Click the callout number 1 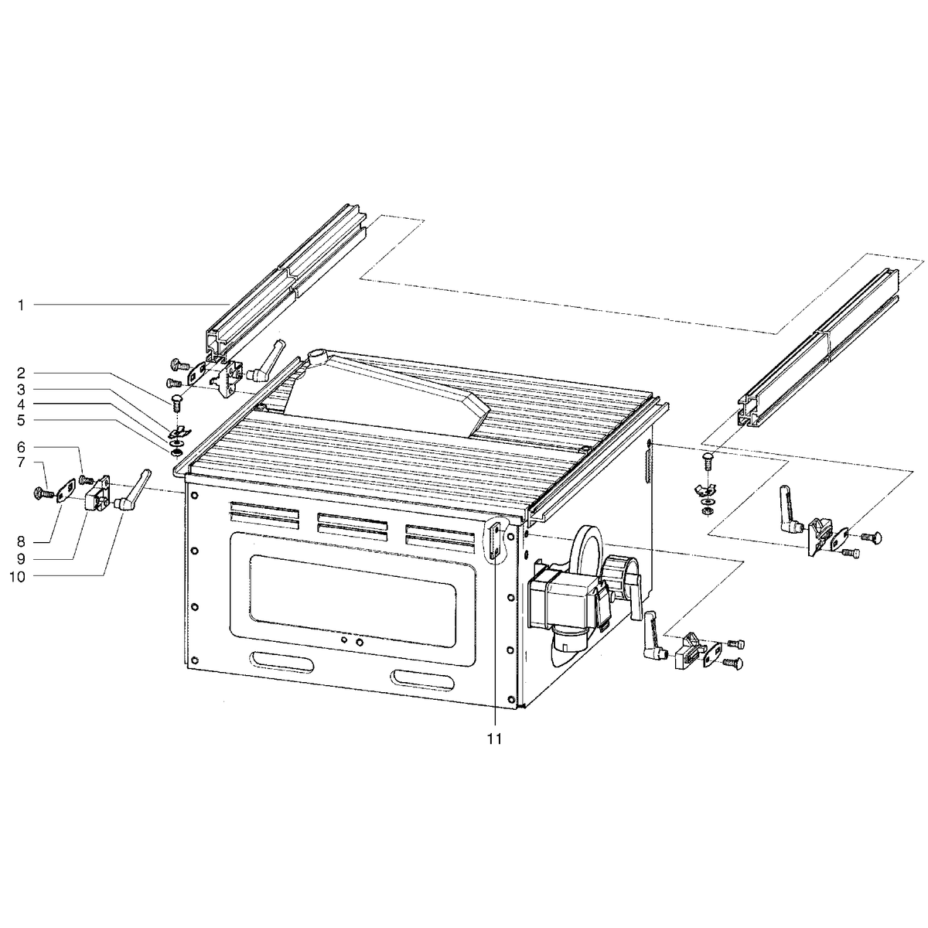(21, 305)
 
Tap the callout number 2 (21, 374)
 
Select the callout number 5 (21, 421)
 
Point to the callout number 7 (21, 462)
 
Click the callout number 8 (21, 542)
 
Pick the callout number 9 (21, 559)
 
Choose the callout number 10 (17, 576)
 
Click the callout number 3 (21, 389)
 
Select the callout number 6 (21, 448)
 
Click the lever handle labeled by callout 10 (133, 490)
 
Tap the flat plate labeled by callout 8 (66, 490)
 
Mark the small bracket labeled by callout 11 (495, 542)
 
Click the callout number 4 (21, 404)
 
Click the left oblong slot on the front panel (281, 662)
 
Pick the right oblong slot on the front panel (422, 680)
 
